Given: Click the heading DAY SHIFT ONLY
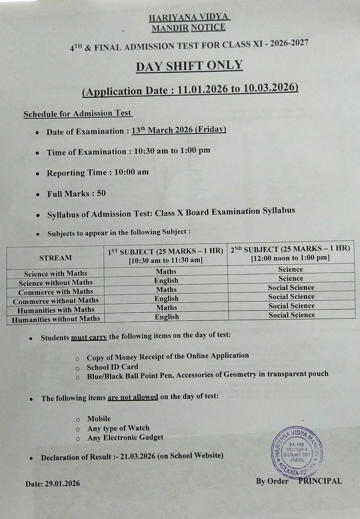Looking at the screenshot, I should (189, 66).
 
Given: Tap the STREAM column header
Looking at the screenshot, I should (55, 258).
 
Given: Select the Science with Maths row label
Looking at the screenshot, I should (55, 273).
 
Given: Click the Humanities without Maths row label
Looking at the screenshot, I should (56, 319).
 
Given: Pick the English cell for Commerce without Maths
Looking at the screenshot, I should (166, 299).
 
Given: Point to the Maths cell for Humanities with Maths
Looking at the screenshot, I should (166, 308).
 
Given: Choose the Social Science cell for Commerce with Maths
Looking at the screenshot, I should (291, 287).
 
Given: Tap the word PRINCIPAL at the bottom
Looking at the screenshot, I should (320, 481).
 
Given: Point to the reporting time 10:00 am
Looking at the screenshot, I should (131, 172).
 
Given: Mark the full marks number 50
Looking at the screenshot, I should (101, 193).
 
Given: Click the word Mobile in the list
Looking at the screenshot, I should (99, 418).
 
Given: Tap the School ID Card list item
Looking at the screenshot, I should (112, 367).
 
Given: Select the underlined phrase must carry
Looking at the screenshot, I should (89, 337).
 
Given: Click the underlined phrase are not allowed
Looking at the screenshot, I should (133, 397).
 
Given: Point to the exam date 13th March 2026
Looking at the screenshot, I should (162, 130).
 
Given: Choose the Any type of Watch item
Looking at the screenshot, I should (118, 428).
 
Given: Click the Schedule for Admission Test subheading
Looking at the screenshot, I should (78, 113).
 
